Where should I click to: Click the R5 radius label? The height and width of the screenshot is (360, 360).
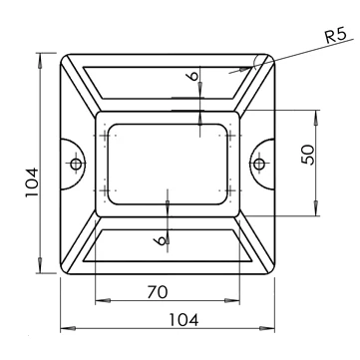coord(336,35)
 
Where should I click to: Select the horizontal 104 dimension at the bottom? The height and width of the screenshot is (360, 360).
coord(183,320)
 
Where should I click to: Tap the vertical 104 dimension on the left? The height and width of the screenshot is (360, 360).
coord(32,182)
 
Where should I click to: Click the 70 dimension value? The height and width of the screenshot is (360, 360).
coord(158,292)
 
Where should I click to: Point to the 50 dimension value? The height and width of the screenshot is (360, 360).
coord(308,155)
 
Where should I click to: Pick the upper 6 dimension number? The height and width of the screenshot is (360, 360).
coord(193,76)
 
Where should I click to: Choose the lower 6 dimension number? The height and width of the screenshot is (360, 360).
coord(161,240)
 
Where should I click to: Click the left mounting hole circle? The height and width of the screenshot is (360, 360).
coord(76,164)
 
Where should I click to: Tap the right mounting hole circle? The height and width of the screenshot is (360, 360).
coord(259,164)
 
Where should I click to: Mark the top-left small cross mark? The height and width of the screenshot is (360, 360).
coord(105,136)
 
